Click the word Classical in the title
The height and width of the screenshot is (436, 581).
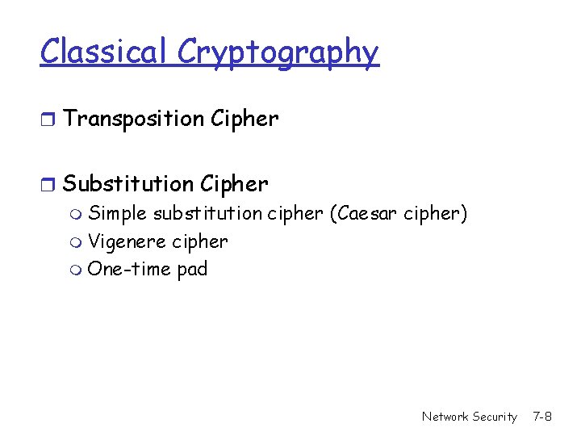pyautogui.click(x=105, y=52)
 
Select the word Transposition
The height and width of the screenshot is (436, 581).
pyautogui.click(x=133, y=119)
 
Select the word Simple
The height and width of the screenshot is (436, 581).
pyautogui.click(x=117, y=214)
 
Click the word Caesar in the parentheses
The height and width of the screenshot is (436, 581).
pyautogui.click(x=370, y=214)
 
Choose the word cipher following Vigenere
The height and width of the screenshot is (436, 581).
pyautogui.click(x=200, y=242)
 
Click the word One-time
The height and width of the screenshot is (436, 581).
pyautogui.click(x=129, y=269)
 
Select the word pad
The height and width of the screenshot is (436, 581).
pyautogui.click(x=192, y=270)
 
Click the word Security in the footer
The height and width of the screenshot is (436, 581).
pyautogui.click(x=495, y=417)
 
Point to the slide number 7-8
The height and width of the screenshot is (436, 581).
pyautogui.click(x=542, y=417)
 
